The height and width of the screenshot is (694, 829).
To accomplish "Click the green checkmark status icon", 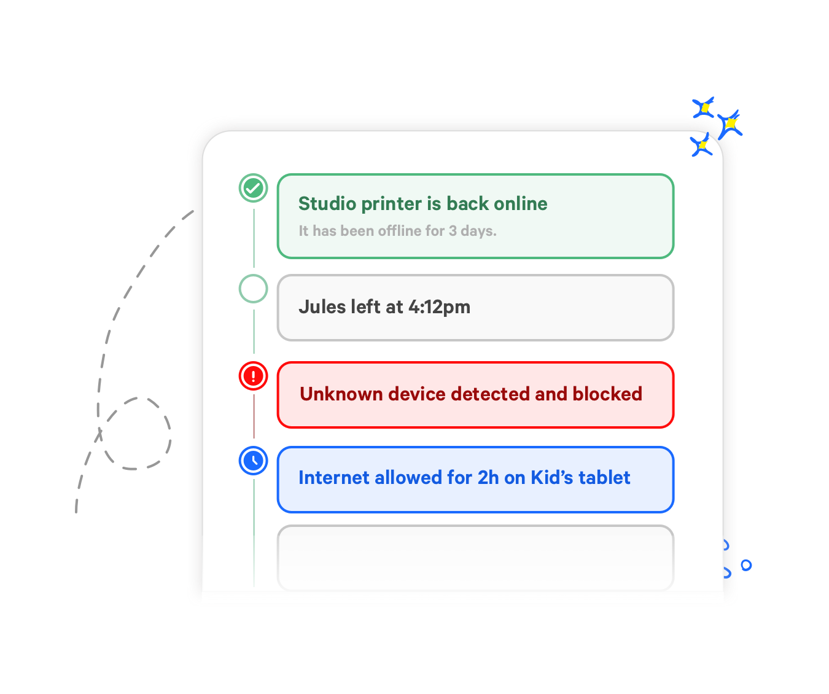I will (x=253, y=188).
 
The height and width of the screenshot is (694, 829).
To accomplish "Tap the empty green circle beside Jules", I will (x=253, y=289).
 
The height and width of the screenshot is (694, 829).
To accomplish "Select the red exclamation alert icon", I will (x=253, y=376).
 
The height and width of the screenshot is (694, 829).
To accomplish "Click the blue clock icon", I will (x=253, y=461).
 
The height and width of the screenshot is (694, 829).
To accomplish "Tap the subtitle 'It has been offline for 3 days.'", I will (x=397, y=231).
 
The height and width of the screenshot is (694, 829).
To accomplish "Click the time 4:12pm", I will (x=439, y=307).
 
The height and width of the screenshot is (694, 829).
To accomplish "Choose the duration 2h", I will (x=488, y=478).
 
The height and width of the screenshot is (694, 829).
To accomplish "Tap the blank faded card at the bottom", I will (x=475, y=558).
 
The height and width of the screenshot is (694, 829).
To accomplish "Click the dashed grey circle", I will (x=136, y=434).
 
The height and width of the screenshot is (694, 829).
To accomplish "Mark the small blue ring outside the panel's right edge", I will (x=746, y=565).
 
